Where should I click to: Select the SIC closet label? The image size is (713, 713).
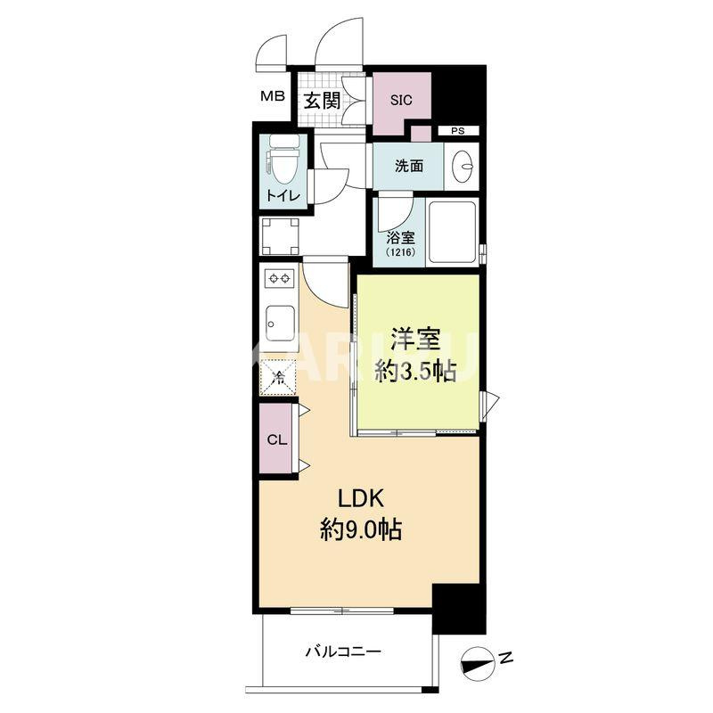click(401, 100)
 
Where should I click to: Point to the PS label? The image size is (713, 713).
click(457, 131)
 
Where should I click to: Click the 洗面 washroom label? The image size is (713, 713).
click(409, 166)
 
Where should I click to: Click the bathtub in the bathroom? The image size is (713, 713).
click(452, 232)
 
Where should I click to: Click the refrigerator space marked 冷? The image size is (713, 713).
click(279, 378)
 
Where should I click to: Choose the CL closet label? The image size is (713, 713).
click(276, 440)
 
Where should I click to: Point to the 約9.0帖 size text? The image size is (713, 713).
click(361, 531)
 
